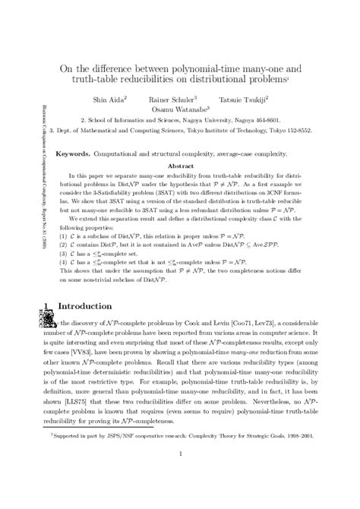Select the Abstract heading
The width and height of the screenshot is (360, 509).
[x=180, y=166]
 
